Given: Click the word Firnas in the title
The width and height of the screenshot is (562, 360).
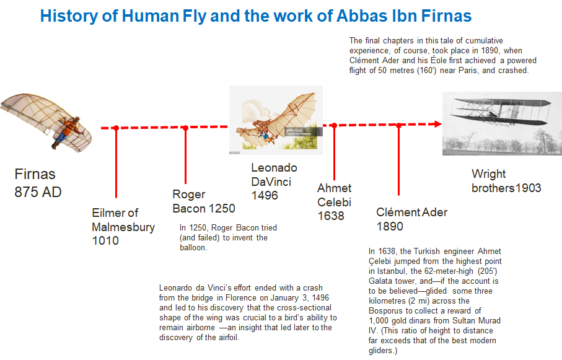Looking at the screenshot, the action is [x=446, y=15].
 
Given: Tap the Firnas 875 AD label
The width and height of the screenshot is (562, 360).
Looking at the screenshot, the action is [x=38, y=183].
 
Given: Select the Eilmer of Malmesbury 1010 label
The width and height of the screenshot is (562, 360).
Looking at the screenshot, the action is [x=123, y=227].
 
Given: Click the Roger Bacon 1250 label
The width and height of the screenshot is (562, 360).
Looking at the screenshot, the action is [x=204, y=201].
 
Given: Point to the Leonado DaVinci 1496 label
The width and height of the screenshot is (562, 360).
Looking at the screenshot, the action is [x=274, y=182].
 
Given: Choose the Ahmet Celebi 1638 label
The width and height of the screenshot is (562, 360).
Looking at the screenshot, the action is [x=334, y=202].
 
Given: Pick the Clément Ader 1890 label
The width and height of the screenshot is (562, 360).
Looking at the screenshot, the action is [x=412, y=219].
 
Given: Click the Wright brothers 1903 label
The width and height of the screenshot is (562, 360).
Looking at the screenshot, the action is [x=506, y=181].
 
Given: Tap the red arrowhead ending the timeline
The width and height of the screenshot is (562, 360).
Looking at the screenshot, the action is [x=438, y=124].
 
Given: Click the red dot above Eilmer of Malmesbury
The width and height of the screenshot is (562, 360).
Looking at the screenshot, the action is [x=116, y=128].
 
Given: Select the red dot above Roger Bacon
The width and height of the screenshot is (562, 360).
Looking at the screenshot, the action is [x=185, y=128].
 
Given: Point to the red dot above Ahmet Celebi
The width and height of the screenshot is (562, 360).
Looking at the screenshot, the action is [x=334, y=126].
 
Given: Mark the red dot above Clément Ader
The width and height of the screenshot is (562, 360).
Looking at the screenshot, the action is [x=398, y=125].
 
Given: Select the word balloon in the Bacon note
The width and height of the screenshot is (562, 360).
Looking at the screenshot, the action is [x=193, y=247].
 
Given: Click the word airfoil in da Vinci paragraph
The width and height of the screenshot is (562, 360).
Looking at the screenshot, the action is [x=228, y=338].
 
